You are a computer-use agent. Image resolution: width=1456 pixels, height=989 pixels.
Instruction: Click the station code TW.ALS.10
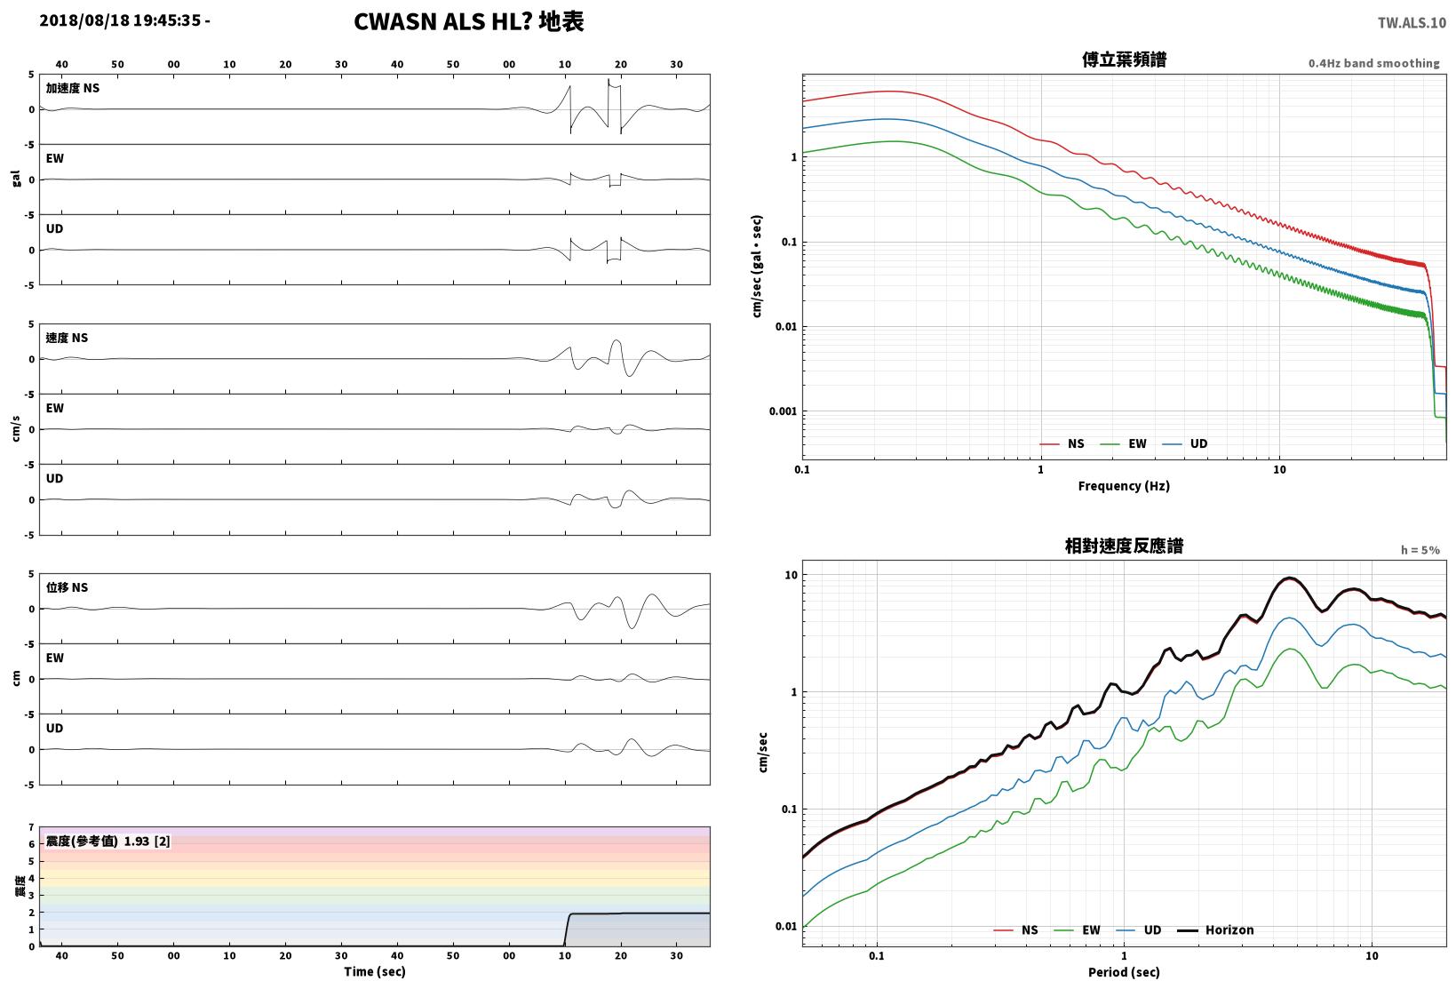1412,23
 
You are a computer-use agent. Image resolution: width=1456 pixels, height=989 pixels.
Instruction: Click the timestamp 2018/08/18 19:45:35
120,20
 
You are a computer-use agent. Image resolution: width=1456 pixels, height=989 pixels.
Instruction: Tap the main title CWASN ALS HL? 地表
469,21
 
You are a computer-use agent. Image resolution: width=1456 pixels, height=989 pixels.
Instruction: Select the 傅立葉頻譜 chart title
1124,60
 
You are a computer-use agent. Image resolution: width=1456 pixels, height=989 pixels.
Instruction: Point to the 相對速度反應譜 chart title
1124,546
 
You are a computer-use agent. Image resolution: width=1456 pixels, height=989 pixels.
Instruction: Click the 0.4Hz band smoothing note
1373,63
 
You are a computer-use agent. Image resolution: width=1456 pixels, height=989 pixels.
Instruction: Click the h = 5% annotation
1420,550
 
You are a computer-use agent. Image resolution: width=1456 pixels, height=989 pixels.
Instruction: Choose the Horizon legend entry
1215,929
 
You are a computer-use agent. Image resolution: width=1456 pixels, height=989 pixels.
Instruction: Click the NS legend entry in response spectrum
1016,929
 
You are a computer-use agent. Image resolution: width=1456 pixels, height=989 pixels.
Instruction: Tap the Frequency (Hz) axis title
1124,486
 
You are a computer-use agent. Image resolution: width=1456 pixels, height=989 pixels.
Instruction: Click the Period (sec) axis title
1124,972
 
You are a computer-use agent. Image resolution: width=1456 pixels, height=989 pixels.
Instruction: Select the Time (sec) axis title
374,971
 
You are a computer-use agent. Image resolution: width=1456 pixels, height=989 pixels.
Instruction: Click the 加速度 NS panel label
72,88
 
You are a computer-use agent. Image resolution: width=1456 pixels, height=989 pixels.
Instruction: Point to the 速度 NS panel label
67,338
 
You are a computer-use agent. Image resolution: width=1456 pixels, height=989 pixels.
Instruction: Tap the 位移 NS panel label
67,587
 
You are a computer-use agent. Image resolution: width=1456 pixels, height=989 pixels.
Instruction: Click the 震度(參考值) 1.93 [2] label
107,841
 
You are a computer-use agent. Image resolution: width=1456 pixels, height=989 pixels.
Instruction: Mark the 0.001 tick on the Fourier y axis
783,411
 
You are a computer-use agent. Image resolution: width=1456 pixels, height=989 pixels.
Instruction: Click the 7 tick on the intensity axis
31,827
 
